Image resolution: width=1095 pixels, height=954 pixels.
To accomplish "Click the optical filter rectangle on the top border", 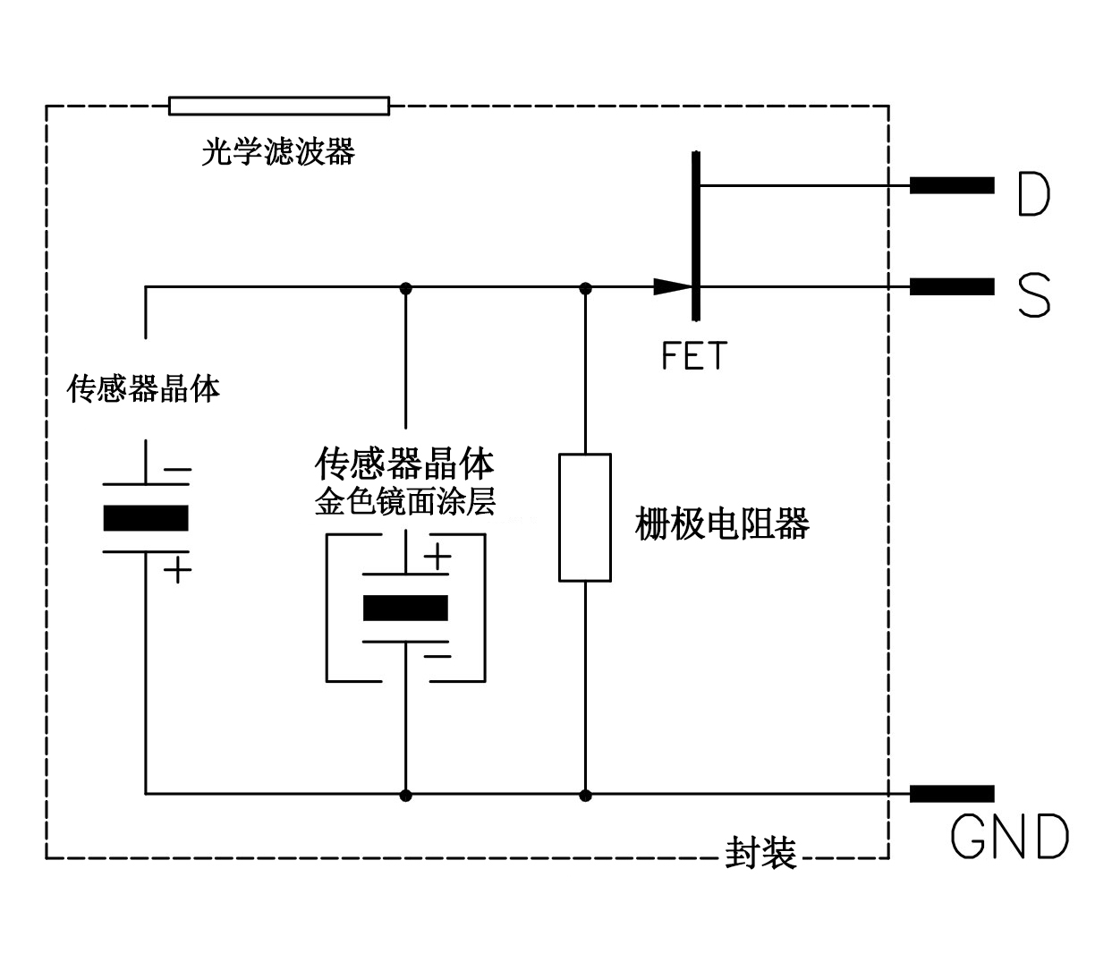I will (279, 106).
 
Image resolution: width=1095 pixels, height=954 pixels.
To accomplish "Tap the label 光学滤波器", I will (278, 152).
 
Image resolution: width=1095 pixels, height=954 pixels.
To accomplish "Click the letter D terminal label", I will (1033, 194).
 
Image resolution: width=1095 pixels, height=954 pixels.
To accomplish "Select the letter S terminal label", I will (1034, 295).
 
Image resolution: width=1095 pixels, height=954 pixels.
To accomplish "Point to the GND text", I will (1009, 838).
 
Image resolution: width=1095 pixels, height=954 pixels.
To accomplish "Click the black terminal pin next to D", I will (952, 185).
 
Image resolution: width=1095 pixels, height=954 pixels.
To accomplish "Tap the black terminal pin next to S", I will (952, 286).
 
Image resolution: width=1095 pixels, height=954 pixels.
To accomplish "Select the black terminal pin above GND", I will (952, 794).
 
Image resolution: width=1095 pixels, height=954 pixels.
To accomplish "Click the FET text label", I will (694, 356).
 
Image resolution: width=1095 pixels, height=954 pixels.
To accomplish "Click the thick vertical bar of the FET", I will (695, 235).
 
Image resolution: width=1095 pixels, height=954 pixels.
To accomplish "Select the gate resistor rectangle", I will (585, 517).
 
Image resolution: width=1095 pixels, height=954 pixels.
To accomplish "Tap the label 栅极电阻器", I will (722, 524).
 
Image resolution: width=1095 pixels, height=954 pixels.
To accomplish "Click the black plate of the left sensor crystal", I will (146, 518).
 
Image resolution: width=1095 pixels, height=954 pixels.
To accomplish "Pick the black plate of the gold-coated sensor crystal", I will (405, 608).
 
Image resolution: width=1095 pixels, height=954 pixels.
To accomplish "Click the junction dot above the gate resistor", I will (586, 288).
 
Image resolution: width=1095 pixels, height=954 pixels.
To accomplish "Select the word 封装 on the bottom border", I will (760, 855).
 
